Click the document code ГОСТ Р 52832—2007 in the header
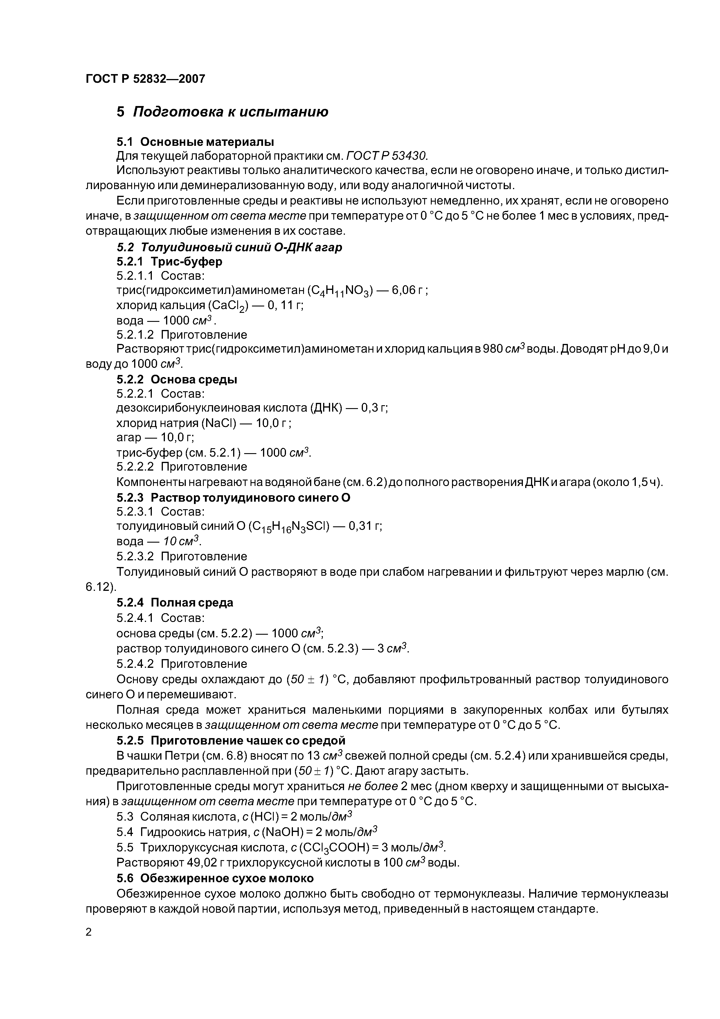(145, 79)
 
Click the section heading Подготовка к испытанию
(231, 112)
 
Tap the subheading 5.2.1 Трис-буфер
(170, 261)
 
